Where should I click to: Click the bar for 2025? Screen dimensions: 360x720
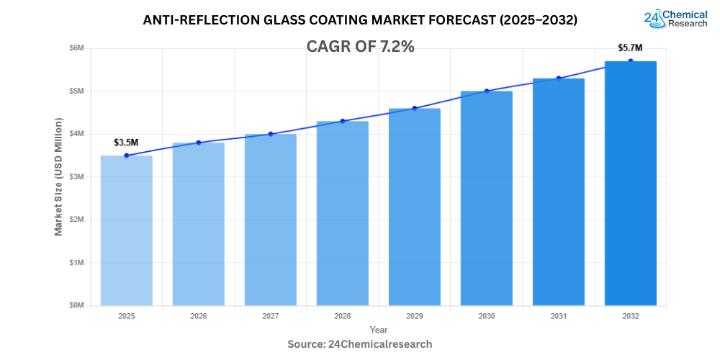(x=126, y=230)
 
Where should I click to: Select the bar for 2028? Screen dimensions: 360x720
(x=343, y=213)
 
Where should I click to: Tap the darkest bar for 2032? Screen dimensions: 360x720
(x=630, y=184)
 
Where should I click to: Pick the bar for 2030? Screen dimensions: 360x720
(x=487, y=198)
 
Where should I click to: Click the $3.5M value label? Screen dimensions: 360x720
(x=126, y=143)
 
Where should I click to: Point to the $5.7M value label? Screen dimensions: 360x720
(x=630, y=48)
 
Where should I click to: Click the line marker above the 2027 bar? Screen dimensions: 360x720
(x=271, y=134)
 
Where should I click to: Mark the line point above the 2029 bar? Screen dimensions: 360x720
(x=415, y=108)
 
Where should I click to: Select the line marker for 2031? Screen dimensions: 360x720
(x=559, y=78)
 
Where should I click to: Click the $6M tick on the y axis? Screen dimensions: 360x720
(x=76, y=48)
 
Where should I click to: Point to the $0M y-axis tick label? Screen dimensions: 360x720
(x=76, y=305)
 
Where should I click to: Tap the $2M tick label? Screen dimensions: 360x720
(x=76, y=220)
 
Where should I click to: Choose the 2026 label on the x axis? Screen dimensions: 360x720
(x=199, y=316)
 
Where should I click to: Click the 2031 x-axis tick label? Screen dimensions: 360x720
(x=559, y=316)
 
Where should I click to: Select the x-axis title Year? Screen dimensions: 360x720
(x=379, y=329)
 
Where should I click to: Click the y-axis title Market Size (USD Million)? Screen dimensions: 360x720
(x=58, y=176)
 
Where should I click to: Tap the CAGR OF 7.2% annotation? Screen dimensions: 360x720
(x=360, y=47)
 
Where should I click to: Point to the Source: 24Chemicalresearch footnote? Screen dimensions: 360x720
(x=360, y=344)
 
